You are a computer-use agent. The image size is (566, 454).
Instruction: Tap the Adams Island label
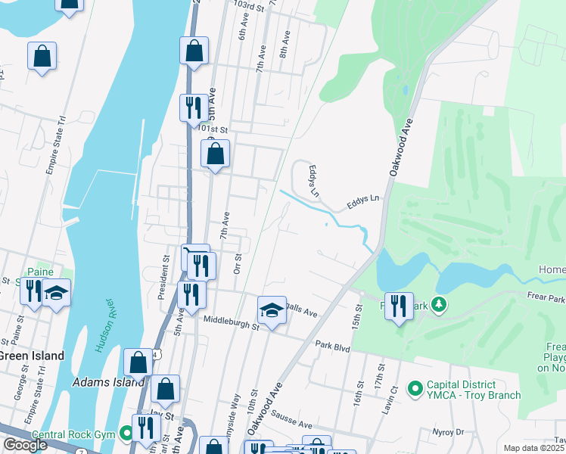pos(107,382)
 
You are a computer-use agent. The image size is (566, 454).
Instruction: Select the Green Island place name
pos(30,356)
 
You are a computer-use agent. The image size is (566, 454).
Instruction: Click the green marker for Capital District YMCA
pos(415,389)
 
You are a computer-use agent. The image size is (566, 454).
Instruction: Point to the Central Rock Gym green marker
pos(126,434)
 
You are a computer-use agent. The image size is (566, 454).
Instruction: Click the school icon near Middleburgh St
pos(272,310)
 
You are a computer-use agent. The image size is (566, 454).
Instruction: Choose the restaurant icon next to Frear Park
pos(399,306)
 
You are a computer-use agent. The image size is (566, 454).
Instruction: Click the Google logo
pos(25,445)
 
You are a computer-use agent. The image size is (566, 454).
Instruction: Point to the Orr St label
pos(237,264)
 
